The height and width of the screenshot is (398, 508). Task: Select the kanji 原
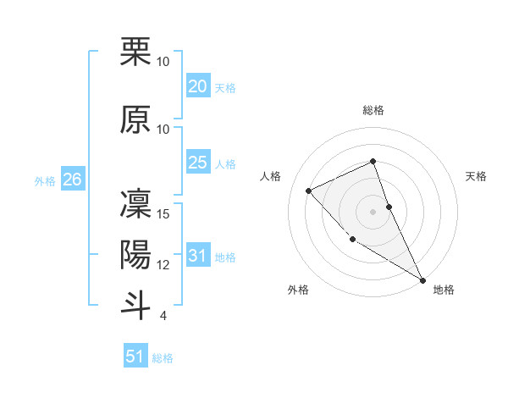(135, 119)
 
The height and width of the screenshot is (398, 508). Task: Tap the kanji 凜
(135, 203)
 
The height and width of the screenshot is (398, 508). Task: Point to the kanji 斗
(135, 304)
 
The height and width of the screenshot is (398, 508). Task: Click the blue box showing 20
(197, 86)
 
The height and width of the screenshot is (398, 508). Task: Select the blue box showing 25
(197, 163)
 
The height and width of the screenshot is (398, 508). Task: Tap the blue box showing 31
(197, 256)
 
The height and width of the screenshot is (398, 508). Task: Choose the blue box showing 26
(72, 180)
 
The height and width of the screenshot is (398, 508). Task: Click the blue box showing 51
(135, 357)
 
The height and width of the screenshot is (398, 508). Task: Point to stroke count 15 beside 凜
(164, 214)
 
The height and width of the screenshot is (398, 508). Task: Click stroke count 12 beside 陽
(164, 265)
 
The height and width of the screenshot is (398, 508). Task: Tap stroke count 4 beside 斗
(163, 316)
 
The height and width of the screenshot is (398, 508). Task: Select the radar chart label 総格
(373, 111)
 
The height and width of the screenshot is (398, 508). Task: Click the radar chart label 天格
(476, 176)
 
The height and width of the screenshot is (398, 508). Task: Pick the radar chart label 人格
(271, 176)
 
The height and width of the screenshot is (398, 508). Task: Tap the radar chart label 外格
(298, 290)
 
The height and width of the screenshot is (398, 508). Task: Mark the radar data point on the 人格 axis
(309, 191)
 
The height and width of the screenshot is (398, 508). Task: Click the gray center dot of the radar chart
(373, 211)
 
